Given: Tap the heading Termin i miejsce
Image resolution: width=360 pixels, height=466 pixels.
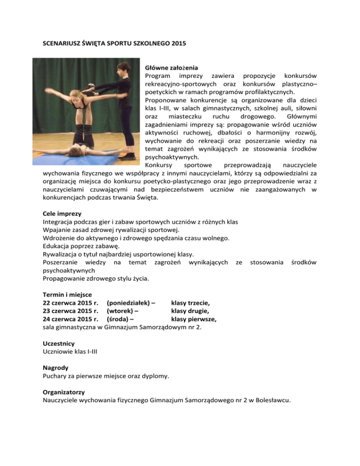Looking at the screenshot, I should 62,293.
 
